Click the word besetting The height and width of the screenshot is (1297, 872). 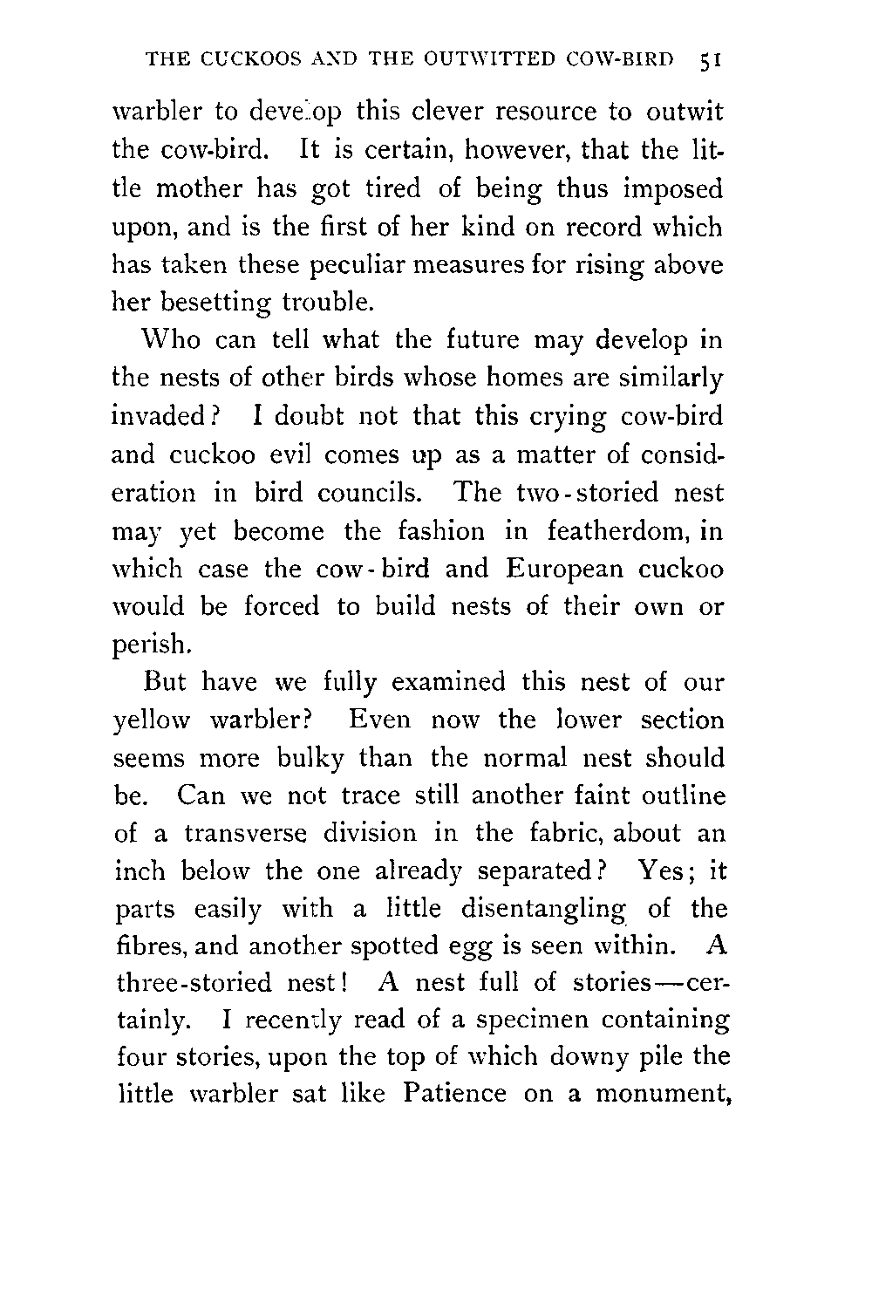coord(212,304)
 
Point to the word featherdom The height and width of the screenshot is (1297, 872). coord(606,531)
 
